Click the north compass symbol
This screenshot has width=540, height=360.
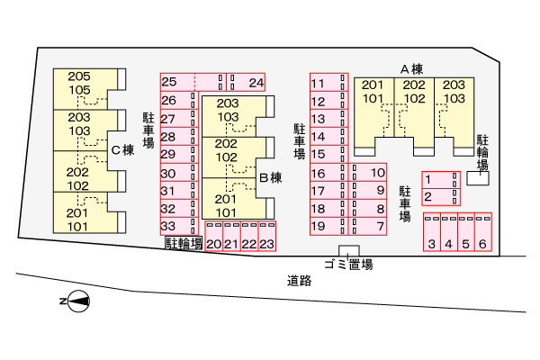(76, 301)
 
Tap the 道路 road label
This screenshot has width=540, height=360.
(300, 281)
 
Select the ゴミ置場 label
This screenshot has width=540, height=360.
(348, 265)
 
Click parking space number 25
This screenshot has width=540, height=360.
(193, 82)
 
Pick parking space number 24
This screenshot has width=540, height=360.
(246, 82)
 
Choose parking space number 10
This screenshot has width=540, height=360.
(368, 172)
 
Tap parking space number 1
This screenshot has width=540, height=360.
(441, 180)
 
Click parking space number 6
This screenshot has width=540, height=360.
(483, 232)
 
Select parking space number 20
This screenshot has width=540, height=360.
(214, 236)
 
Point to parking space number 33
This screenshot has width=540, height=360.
(179, 226)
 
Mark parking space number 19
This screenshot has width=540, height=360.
(328, 226)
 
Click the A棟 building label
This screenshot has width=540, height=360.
(411, 69)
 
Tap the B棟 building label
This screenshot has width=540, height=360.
(271, 178)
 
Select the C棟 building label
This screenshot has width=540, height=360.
(123, 150)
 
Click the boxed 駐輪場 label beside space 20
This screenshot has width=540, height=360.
(184, 243)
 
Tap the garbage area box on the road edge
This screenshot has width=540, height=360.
(349, 251)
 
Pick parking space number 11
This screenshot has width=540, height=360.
(328, 82)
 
